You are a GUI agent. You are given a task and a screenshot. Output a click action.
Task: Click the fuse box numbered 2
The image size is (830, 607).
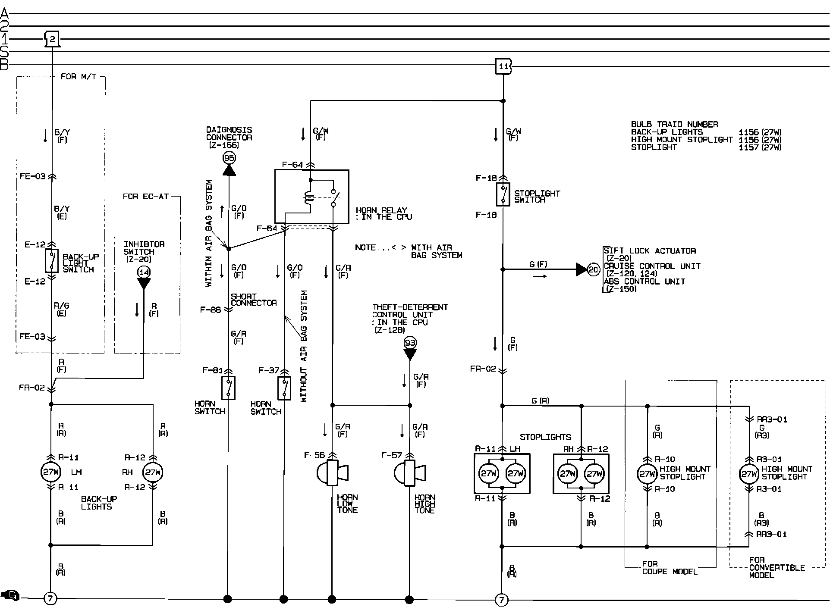pos(52,39)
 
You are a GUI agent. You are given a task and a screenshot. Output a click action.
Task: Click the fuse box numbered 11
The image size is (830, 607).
pos(503,66)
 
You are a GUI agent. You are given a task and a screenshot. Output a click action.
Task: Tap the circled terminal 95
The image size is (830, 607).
pos(229,158)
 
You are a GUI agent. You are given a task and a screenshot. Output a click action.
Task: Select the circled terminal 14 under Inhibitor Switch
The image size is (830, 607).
pos(144,272)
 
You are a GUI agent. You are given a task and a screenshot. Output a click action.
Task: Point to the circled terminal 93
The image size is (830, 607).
pos(409,343)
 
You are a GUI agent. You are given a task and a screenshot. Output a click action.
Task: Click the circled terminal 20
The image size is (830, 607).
pos(594,269)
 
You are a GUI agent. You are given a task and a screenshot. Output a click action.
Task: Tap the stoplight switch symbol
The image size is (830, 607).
pos(503,194)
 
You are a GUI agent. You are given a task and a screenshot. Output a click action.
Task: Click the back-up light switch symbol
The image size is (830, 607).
pos(52,260)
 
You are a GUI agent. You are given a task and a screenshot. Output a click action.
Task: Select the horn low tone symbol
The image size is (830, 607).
pos(332,473)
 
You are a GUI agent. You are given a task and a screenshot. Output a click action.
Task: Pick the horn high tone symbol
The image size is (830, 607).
pos(409,473)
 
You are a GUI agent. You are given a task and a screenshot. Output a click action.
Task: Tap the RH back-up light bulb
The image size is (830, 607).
pos(153,472)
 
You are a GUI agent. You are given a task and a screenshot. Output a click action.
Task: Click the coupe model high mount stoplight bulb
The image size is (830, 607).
pos(647,474)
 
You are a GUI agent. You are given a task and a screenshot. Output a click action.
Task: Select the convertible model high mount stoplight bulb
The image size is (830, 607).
pos(749,474)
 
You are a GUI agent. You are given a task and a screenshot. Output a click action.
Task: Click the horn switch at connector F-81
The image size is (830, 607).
pos(228,388)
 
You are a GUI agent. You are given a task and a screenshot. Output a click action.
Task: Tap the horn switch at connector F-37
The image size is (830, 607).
pos(284,388)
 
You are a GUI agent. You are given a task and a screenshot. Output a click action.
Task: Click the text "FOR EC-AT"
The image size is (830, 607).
pos(145,197)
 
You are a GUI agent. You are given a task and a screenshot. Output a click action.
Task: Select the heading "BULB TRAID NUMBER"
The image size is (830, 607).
pos(675,124)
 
